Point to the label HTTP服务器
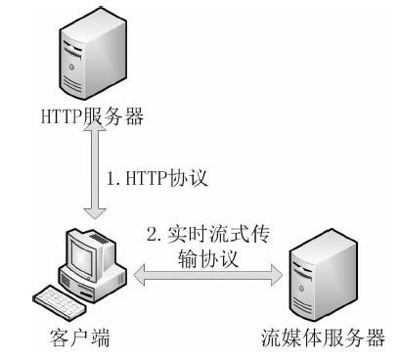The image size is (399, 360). coord(94,117)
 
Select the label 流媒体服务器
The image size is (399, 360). coord(323,339)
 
